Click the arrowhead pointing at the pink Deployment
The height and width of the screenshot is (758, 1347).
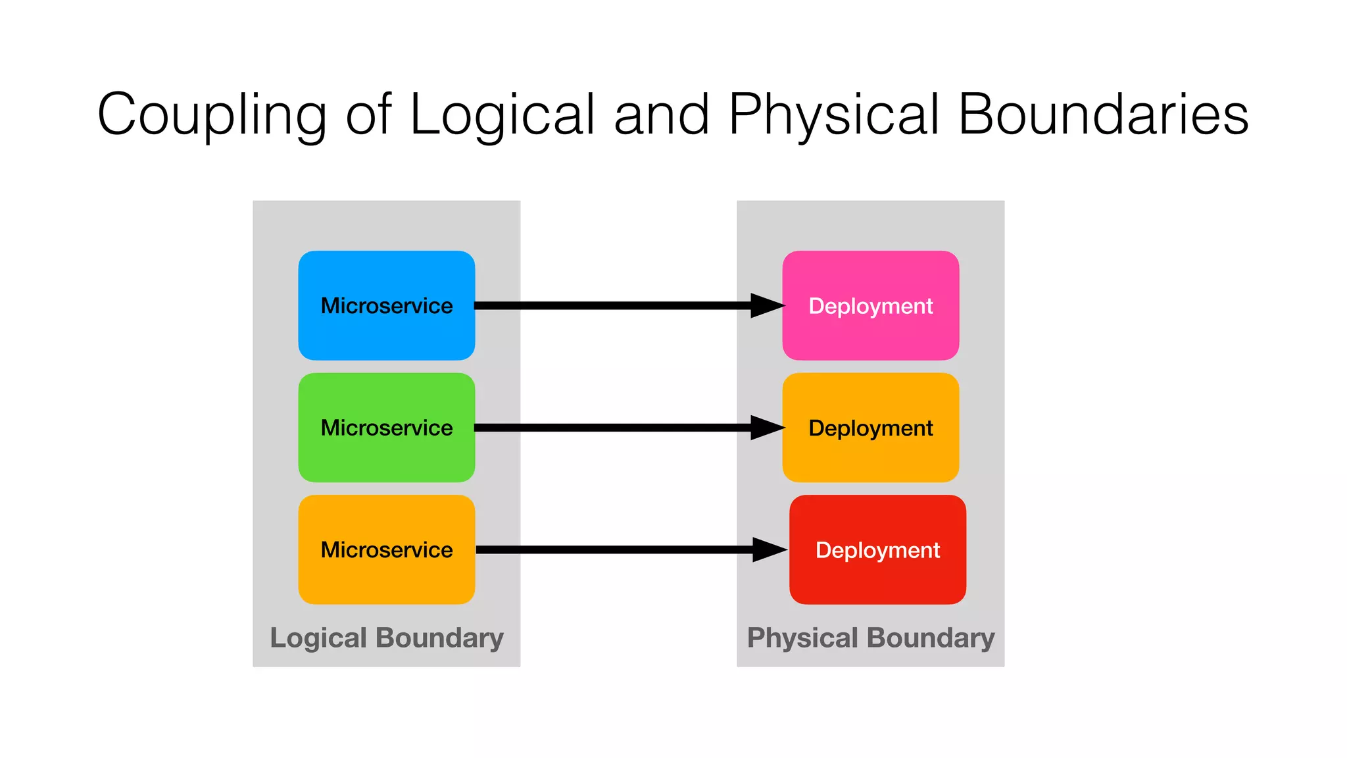click(766, 305)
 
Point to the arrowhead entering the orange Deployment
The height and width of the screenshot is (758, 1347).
click(766, 428)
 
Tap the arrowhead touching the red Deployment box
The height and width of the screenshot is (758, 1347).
click(768, 549)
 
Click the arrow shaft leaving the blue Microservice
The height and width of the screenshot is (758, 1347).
click(612, 305)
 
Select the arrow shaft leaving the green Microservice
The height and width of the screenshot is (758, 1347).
click(612, 428)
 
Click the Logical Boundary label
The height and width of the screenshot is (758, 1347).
click(387, 638)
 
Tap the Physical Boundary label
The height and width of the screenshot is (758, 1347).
click(870, 638)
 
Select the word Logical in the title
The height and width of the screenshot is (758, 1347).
click(502, 115)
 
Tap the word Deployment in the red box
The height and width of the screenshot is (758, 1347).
click(877, 550)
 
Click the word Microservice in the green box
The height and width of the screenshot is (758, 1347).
click(387, 428)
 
